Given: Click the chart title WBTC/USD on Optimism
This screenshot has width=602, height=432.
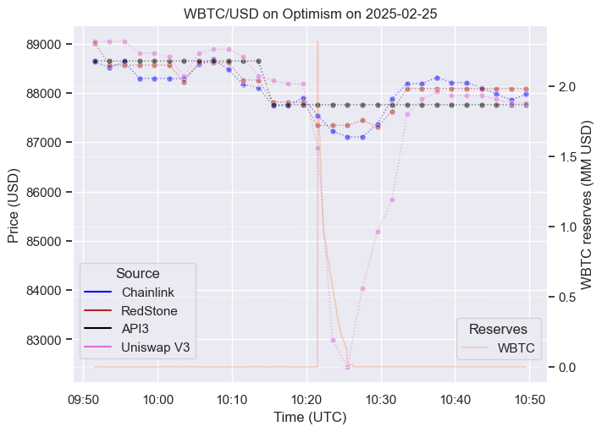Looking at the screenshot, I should click(301, 14).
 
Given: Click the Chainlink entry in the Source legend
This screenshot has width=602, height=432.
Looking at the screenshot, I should click(146, 292).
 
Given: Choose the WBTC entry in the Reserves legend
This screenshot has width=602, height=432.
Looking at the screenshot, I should click(516, 347).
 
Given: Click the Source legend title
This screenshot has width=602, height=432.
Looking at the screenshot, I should click(138, 273).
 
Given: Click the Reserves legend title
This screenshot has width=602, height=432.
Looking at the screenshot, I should click(499, 328).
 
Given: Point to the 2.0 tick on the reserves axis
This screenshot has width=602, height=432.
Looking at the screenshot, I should click(565, 87).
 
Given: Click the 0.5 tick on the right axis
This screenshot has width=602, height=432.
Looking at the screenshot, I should click(565, 297).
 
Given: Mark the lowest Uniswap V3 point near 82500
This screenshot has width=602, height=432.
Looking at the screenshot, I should click(347, 366).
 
